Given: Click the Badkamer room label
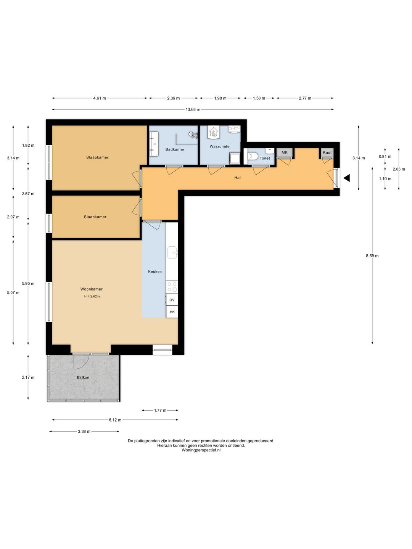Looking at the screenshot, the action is (x=175, y=149).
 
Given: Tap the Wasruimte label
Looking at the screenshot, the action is (x=219, y=146).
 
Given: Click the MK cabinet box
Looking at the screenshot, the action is (x=285, y=152).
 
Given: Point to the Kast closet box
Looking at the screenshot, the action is (x=327, y=152).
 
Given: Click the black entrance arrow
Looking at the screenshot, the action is (x=346, y=178).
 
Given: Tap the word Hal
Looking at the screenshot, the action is (x=237, y=178).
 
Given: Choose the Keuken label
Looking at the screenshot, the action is (x=154, y=271).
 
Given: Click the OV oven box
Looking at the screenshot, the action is (x=172, y=300).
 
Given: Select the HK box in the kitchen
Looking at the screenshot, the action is (x=172, y=311).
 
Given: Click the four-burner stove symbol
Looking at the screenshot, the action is (x=172, y=287).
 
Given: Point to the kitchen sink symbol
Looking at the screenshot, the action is (x=172, y=252).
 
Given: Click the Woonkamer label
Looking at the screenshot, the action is (x=91, y=289).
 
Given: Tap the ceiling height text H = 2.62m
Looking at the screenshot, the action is (x=92, y=296).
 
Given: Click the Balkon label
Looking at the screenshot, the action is (x=83, y=377).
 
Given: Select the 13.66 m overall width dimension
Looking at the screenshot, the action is (x=193, y=109).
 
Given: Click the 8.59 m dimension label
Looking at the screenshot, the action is (x=372, y=255).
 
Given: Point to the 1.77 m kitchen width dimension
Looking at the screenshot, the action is (x=160, y=410).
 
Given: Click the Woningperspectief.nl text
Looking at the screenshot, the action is (x=201, y=450).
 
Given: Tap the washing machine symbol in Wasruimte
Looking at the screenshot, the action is (x=234, y=158).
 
